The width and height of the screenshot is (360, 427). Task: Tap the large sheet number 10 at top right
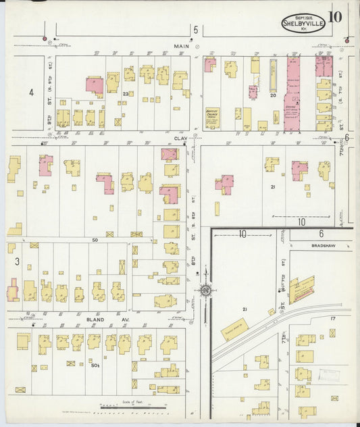pyautogui.click(x=335, y=17)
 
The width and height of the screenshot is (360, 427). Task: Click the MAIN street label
pyautogui.click(x=181, y=47)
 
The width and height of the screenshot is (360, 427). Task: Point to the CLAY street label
pyautogui.click(x=180, y=138)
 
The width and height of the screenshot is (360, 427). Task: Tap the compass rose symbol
pyautogui.click(x=205, y=291)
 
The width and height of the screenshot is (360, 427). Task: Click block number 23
pyautogui.click(x=126, y=94)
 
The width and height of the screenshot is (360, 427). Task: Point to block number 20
pyautogui.click(x=273, y=95)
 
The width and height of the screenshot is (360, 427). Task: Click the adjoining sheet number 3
pyautogui.click(x=16, y=261)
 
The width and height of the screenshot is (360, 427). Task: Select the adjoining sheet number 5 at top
pyautogui.click(x=195, y=30)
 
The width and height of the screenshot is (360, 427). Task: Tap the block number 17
pyautogui.click(x=332, y=318)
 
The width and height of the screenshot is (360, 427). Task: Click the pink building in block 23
pyautogui.click(x=95, y=86)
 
